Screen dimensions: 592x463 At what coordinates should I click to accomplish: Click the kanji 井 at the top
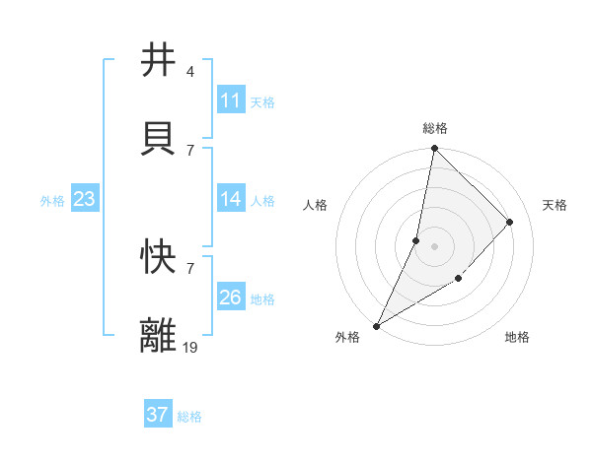pos(158,60)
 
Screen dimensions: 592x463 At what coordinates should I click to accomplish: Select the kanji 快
pos(158,257)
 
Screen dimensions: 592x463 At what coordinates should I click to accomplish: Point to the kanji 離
pos(158,336)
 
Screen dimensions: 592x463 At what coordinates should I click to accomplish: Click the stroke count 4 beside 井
pos(189,71)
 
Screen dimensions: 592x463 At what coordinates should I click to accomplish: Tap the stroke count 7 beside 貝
pos(189,150)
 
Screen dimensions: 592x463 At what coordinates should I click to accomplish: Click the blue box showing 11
pos(230,100)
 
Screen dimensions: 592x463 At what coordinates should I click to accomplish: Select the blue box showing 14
pos(230,199)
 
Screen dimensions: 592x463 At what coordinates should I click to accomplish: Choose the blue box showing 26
pos(230,298)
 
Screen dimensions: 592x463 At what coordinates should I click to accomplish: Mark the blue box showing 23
pos(84,199)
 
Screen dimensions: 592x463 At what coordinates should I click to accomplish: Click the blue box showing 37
pos(157,415)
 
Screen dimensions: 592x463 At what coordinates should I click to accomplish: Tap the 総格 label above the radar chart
pos(435,128)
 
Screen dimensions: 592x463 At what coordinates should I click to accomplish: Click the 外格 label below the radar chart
pos(347,337)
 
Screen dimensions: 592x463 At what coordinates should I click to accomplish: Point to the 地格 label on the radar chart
pos(517,337)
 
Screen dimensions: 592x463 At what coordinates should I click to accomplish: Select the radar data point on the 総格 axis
pos(434,149)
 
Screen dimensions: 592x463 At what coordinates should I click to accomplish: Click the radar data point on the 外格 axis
pos(377,325)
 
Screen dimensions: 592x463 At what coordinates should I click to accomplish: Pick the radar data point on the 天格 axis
pos(510,222)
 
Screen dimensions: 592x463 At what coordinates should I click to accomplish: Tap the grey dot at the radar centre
pos(434,246)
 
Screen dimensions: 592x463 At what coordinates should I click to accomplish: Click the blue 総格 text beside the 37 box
pos(189,417)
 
